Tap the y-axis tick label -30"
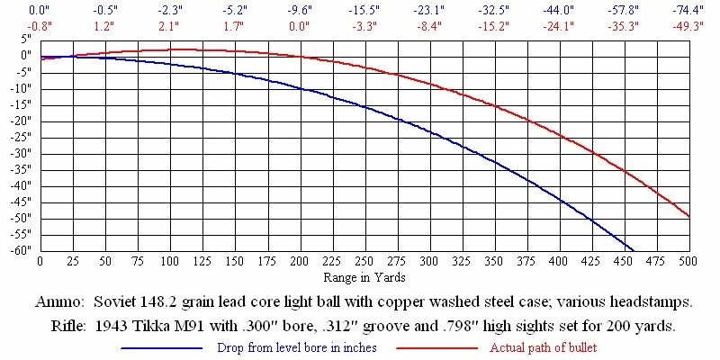click(x=19, y=153)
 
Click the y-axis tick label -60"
click(x=19, y=250)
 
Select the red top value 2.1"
click(x=169, y=25)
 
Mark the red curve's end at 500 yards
click(x=688, y=216)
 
